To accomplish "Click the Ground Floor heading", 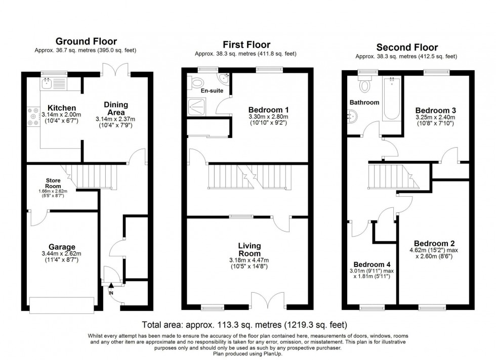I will pyautogui.click(x=86, y=41).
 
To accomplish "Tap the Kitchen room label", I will pyautogui.click(x=62, y=108).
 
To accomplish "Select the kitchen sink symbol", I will pyautogui.click(x=49, y=82).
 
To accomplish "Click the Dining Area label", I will pyautogui.click(x=116, y=108).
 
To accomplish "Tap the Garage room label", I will pyautogui.click(x=62, y=248).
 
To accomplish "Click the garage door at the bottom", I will pyautogui.click(x=62, y=304).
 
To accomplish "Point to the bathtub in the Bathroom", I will pyautogui.click(x=391, y=99).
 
